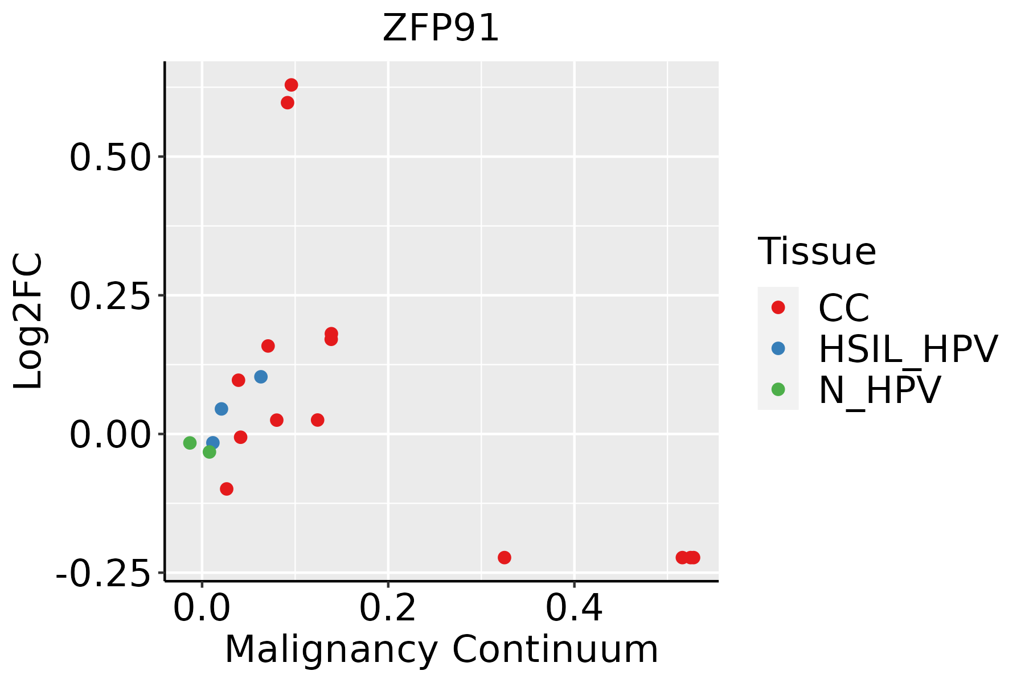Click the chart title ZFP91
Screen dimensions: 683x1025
click(x=441, y=28)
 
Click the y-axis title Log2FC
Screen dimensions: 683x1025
click(x=28, y=321)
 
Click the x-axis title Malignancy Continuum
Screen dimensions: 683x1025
click(x=441, y=650)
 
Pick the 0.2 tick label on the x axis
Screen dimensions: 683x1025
click(x=388, y=609)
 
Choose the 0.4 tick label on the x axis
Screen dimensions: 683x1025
click(x=574, y=609)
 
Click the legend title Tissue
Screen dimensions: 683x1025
click(x=817, y=251)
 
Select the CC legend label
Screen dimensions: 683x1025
click(x=844, y=308)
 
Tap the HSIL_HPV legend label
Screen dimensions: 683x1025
click(x=908, y=349)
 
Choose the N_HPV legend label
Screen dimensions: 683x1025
click(x=879, y=390)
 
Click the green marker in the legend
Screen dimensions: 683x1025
click(x=778, y=389)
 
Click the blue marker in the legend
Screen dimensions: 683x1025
click(x=778, y=348)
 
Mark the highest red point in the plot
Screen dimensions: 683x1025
click(x=291, y=85)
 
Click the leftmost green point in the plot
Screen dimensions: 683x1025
click(x=190, y=443)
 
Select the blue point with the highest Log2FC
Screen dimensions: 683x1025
click(x=261, y=377)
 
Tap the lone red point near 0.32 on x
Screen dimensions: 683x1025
click(x=504, y=557)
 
